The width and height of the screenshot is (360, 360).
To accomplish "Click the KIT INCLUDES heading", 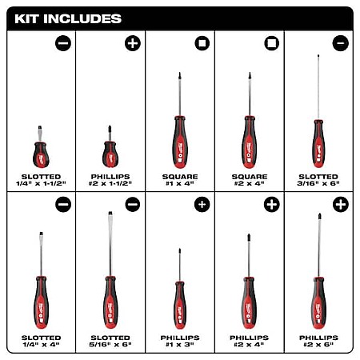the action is [68, 19].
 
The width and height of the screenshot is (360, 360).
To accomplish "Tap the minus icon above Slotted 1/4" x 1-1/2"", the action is [63, 43].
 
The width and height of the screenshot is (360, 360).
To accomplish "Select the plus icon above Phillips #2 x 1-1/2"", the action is [133, 43].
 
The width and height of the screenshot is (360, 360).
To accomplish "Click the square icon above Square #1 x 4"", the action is [202, 43].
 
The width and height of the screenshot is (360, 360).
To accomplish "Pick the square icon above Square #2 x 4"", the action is [272, 43].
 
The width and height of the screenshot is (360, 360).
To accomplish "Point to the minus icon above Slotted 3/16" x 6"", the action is [341, 43].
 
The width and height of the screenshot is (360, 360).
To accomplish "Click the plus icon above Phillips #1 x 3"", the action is [202, 205].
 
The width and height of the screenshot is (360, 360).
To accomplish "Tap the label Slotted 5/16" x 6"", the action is [110, 341].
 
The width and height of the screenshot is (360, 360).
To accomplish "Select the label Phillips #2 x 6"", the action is [318, 341].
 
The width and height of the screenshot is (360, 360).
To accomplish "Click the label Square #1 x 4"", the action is [180, 180].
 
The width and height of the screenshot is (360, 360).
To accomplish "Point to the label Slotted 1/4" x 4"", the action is [41, 341].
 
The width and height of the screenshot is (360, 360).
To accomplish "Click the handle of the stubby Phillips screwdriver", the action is [110, 154].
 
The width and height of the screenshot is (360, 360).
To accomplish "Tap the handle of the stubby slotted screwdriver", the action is [41, 154].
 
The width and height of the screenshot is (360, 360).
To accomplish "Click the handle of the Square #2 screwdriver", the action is [250, 142].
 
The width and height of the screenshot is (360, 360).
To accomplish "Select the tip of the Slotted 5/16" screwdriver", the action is [110, 213].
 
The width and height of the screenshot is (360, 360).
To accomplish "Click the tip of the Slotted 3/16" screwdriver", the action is [318, 55].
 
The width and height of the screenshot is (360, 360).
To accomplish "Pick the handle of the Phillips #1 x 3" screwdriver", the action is [180, 306].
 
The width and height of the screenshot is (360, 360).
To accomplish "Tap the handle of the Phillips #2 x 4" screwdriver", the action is [249, 303].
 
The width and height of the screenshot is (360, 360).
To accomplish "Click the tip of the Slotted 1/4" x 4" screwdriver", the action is [41, 234].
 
